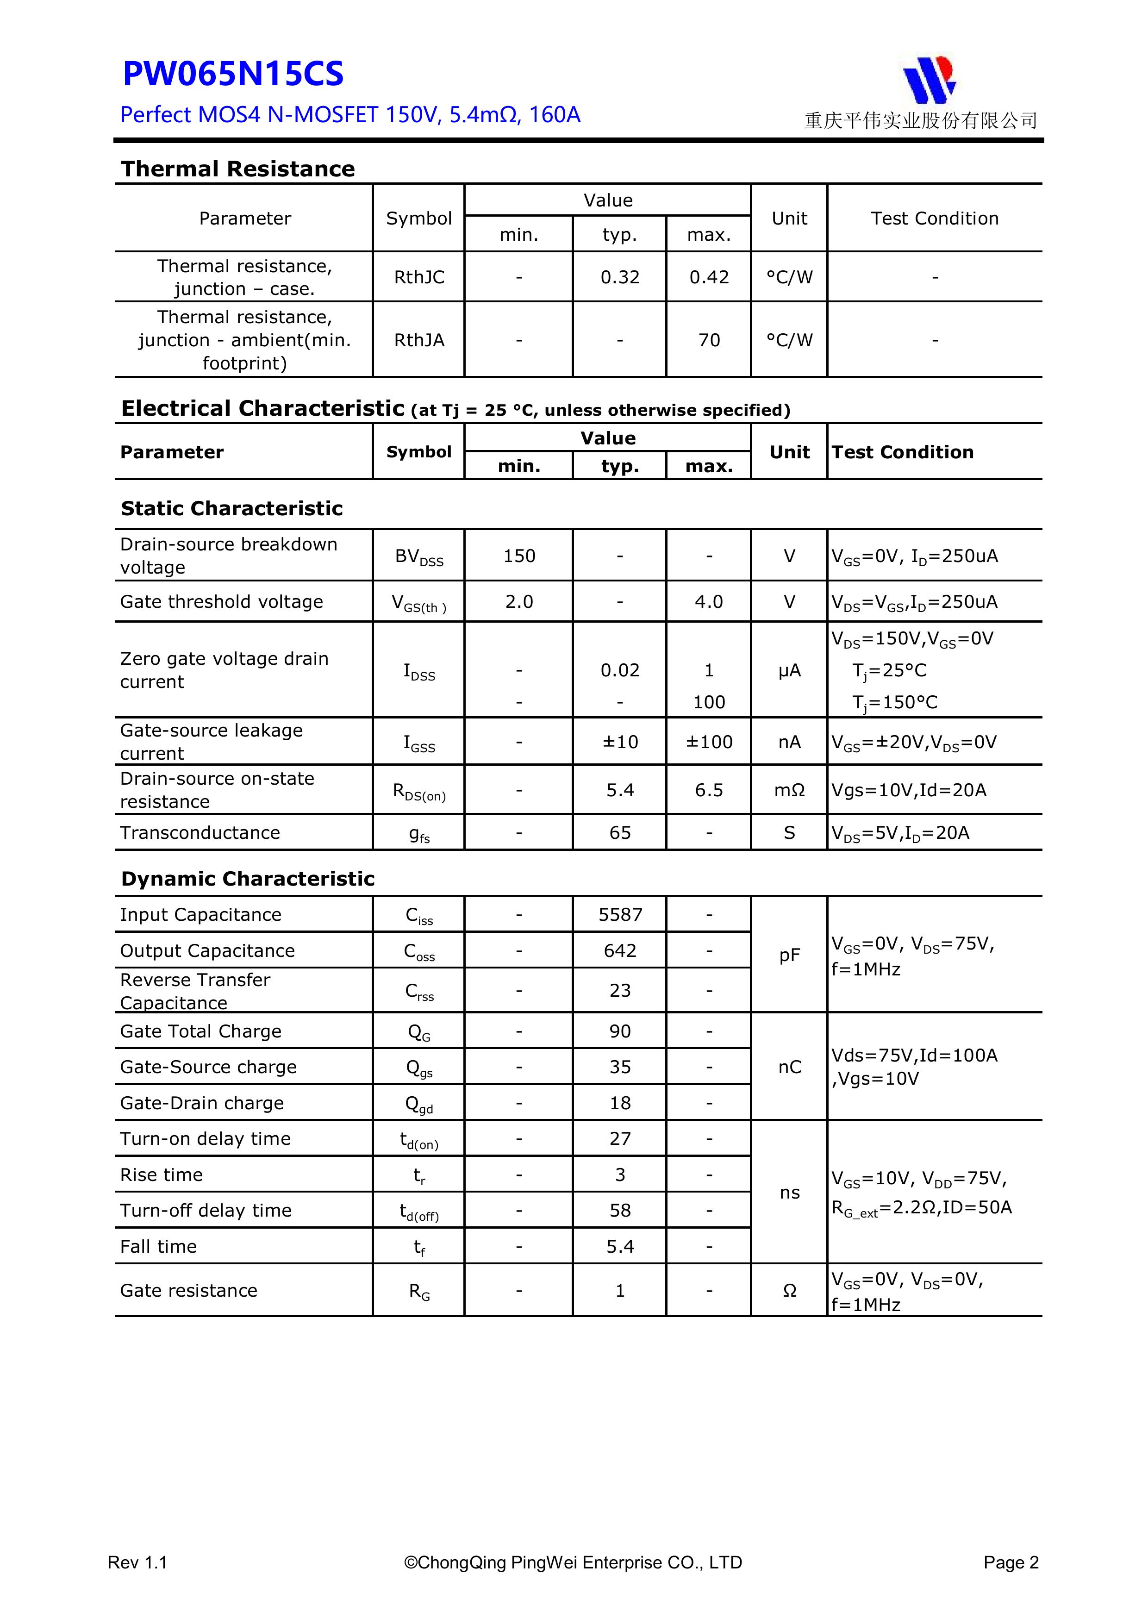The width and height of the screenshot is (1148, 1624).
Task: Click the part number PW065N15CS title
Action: pos(233,74)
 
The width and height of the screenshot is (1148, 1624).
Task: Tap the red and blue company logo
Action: pos(929,79)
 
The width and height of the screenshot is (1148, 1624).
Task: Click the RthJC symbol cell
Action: pos(419,277)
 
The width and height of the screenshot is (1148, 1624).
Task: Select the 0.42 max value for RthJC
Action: pos(709,277)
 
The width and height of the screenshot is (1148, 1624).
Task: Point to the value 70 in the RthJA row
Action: pos(709,340)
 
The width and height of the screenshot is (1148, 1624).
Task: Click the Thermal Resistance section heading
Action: pos(237,169)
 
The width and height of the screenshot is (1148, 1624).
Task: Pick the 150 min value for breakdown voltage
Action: pos(519,556)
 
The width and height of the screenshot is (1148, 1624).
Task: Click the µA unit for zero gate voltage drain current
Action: pos(789,670)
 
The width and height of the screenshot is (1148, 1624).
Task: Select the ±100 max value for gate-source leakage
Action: pos(709,742)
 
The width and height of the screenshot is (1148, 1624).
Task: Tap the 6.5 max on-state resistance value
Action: pos(709,790)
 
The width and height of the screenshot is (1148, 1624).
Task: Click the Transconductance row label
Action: pos(200,832)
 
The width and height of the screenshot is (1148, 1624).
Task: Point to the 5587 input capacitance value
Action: pos(620,915)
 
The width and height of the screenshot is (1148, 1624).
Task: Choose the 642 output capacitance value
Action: pos(620,950)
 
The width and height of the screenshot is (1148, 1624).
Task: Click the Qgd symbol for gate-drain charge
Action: pos(419,1104)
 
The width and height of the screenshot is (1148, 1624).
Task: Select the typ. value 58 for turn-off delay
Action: pos(620,1210)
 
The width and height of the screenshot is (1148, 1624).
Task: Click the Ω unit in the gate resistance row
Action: pos(789,1291)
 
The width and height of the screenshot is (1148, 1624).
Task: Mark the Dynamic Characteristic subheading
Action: pos(248,879)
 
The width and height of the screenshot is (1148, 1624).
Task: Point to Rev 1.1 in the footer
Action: pos(137,1562)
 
